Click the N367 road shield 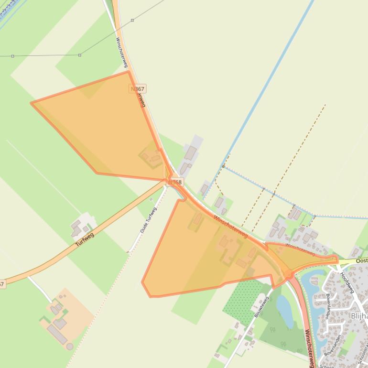click(137, 89)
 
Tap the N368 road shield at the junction click(175, 182)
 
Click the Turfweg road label click(85, 239)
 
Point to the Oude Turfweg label click(148, 221)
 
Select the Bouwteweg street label click(262, 307)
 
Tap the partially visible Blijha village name click(359, 316)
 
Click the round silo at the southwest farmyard click(70, 346)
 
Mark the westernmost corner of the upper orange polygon click(32, 103)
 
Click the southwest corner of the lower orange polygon click(143, 282)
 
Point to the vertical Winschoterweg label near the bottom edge click(309, 347)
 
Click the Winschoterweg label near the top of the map click(120, 52)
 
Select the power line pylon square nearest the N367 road click(132, 21)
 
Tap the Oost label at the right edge click(362, 261)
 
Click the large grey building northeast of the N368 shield click(190, 153)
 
